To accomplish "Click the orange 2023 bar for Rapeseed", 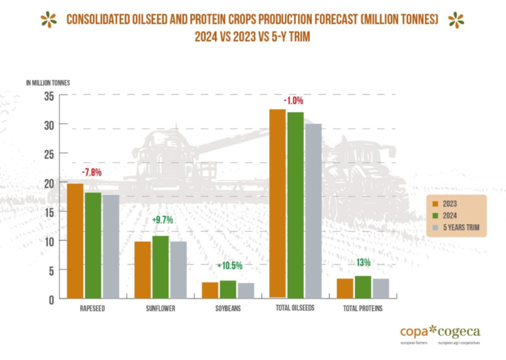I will (75, 241).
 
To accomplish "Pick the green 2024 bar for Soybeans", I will (228, 289).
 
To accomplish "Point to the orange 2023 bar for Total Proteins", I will (345, 288).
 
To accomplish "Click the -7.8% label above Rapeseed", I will (91, 173).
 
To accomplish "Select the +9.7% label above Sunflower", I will (163, 220).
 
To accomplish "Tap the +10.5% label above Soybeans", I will (229, 266).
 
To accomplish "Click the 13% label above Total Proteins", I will (363, 263).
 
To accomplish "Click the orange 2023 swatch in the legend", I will (435, 204).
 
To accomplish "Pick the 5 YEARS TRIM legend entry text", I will (462, 228).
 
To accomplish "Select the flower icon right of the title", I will (456, 20).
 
